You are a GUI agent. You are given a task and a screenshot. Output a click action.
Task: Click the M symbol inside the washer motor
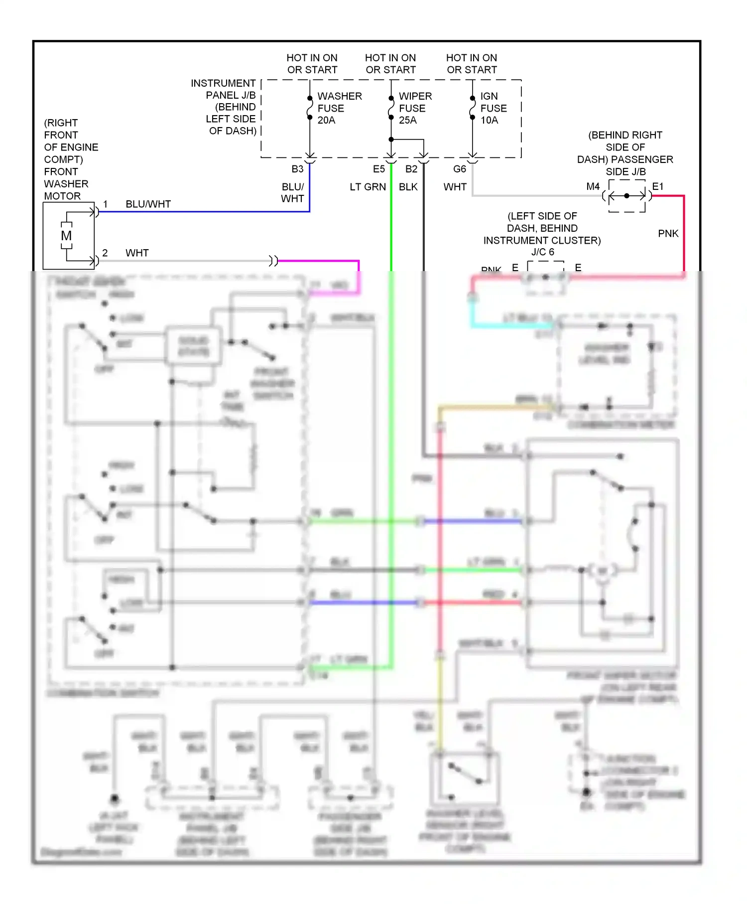pos(66,236)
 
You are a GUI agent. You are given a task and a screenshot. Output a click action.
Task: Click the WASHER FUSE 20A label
pos(339,108)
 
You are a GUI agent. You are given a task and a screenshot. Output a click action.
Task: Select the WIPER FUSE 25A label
pos(415,108)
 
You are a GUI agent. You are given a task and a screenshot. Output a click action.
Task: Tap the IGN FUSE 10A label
pos(493,108)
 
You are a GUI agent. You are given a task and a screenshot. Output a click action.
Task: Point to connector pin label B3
pos(297,169)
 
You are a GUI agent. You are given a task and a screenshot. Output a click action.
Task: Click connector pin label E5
pos(379,169)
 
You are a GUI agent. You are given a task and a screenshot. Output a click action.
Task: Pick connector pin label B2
pos(411,169)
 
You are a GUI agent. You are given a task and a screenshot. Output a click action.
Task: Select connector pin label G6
pos(460,169)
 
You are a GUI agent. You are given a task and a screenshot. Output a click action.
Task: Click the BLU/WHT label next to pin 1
pos(148,204)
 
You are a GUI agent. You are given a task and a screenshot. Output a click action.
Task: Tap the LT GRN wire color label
pos(368,187)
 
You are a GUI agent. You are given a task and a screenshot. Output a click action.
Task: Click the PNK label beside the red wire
pos(668,233)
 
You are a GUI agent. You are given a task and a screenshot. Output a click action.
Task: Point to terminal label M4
pos(593,186)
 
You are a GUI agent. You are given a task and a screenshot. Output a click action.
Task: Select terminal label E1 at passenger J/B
pos(658,186)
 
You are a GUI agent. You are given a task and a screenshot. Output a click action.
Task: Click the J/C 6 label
pos(542,252)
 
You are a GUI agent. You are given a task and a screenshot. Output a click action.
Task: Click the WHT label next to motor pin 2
pos(137,253)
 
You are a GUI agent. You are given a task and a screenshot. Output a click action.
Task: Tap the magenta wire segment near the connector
pos(319,261)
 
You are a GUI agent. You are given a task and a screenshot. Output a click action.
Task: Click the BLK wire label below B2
pos(408,187)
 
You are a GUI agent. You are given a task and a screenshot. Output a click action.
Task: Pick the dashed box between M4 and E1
pos(627,196)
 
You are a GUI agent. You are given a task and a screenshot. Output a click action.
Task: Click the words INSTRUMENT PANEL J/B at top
pos(224,89)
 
